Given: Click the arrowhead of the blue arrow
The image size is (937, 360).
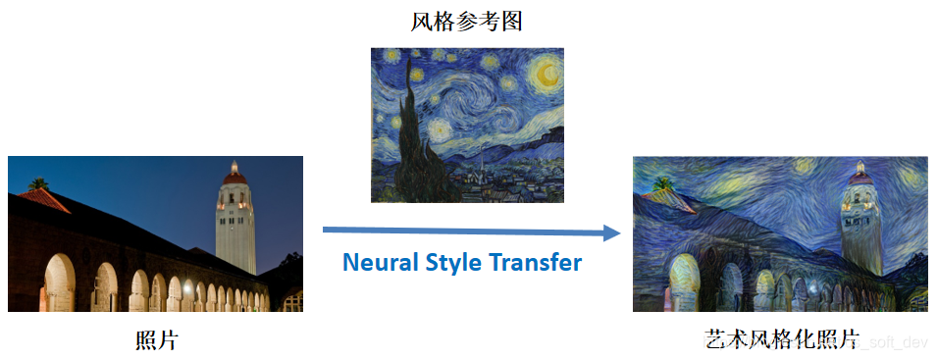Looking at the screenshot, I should coord(612,232).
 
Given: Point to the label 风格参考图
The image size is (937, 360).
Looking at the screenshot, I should coord(466,21).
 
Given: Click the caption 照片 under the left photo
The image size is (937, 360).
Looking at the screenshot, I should coord(156,340).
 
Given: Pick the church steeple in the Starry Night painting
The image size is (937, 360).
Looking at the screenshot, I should coord(481,162).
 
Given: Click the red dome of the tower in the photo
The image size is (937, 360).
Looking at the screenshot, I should coord(234,178).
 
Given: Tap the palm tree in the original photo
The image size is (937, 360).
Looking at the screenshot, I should coord(38,183).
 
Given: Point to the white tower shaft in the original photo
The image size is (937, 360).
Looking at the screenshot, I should coord(235,231).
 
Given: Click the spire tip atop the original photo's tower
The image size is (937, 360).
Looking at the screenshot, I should coord(234,162).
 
